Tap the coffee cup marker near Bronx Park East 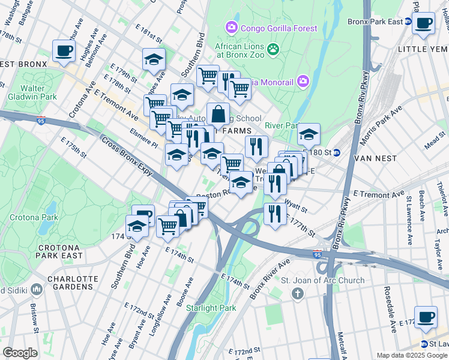coord(424,24)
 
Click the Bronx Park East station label coord(375,22)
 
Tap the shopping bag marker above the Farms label coord(218,114)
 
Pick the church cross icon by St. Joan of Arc coord(297,293)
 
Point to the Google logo coord(20,353)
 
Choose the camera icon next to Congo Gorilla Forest coord(231,27)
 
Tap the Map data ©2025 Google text coord(412,355)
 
